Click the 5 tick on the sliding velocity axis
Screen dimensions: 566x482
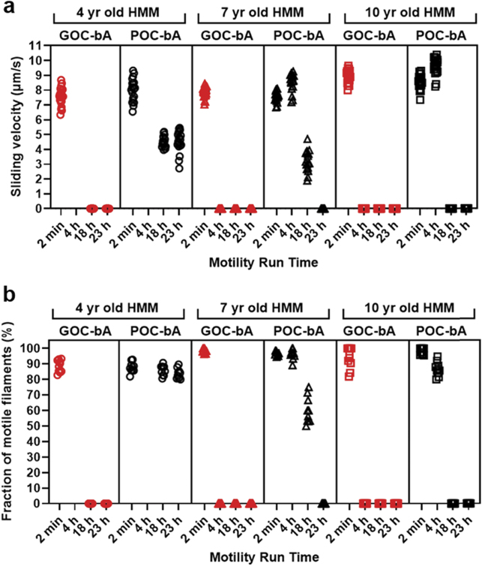pyautogui.click(x=40, y=134)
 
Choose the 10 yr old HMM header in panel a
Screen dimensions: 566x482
pyautogui.click(x=407, y=14)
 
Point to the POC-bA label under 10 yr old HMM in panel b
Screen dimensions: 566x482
pyautogui.click(x=443, y=330)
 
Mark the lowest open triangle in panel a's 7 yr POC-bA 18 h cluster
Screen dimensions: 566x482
pyautogui.click(x=307, y=180)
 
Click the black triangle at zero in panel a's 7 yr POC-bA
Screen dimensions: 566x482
pyautogui.click(x=323, y=209)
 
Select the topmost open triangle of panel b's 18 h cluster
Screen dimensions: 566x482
pyautogui.click(x=307, y=387)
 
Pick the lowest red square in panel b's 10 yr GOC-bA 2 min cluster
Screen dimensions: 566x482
pyautogui.click(x=349, y=376)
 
